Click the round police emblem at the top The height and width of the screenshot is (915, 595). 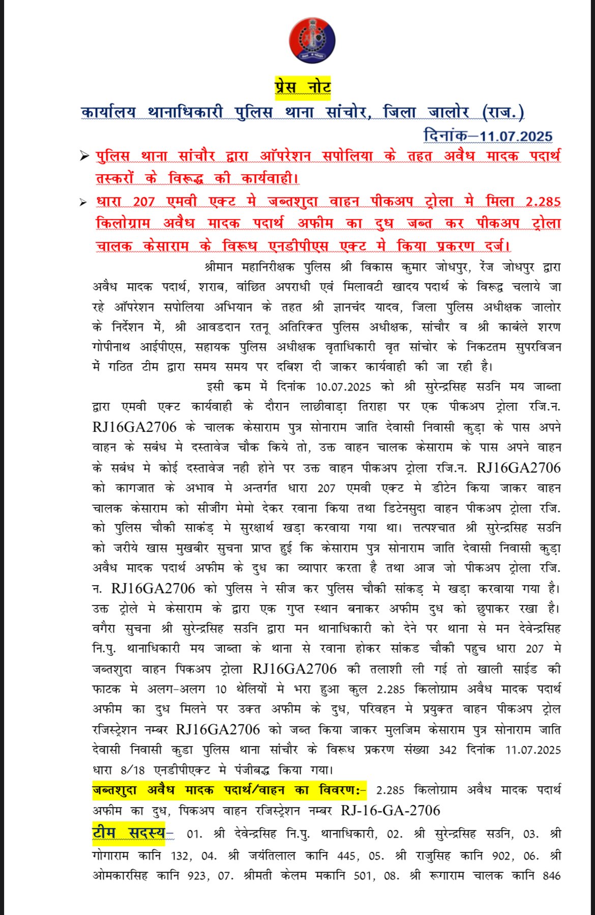pos(312,40)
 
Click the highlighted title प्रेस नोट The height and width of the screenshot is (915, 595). pos(303,87)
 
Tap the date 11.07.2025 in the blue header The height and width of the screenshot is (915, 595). pos(516,136)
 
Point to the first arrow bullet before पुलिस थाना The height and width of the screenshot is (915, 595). pos(84,156)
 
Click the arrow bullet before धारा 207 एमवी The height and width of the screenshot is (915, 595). pos(84,203)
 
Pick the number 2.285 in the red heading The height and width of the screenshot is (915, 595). pos(543,202)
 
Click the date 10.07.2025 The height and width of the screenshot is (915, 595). pos(343,387)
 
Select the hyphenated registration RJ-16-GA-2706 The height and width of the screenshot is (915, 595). pos(390,810)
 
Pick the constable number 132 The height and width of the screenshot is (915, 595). pos(180,856)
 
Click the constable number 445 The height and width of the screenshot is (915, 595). pos(346,856)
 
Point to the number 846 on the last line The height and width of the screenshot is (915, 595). pos(551,876)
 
